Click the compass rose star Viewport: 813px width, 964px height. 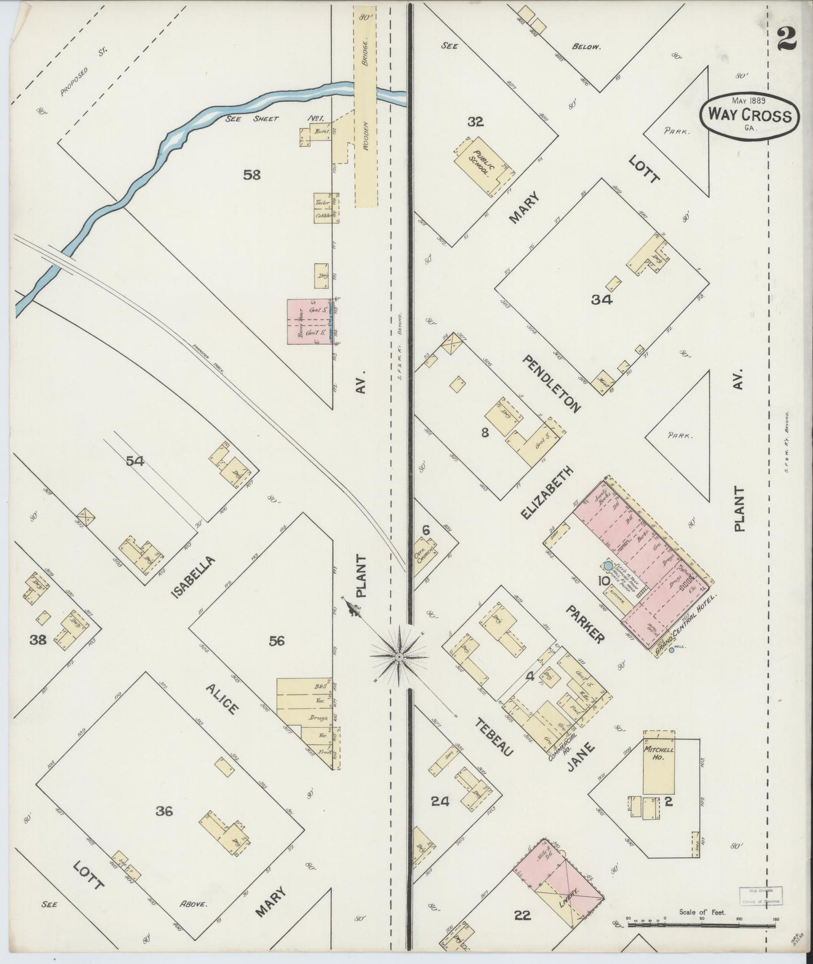(399, 656)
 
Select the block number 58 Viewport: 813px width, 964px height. (251, 175)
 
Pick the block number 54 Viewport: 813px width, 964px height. (135, 461)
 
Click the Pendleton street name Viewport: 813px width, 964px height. (552, 384)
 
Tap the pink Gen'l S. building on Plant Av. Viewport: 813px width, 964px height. (308, 321)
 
